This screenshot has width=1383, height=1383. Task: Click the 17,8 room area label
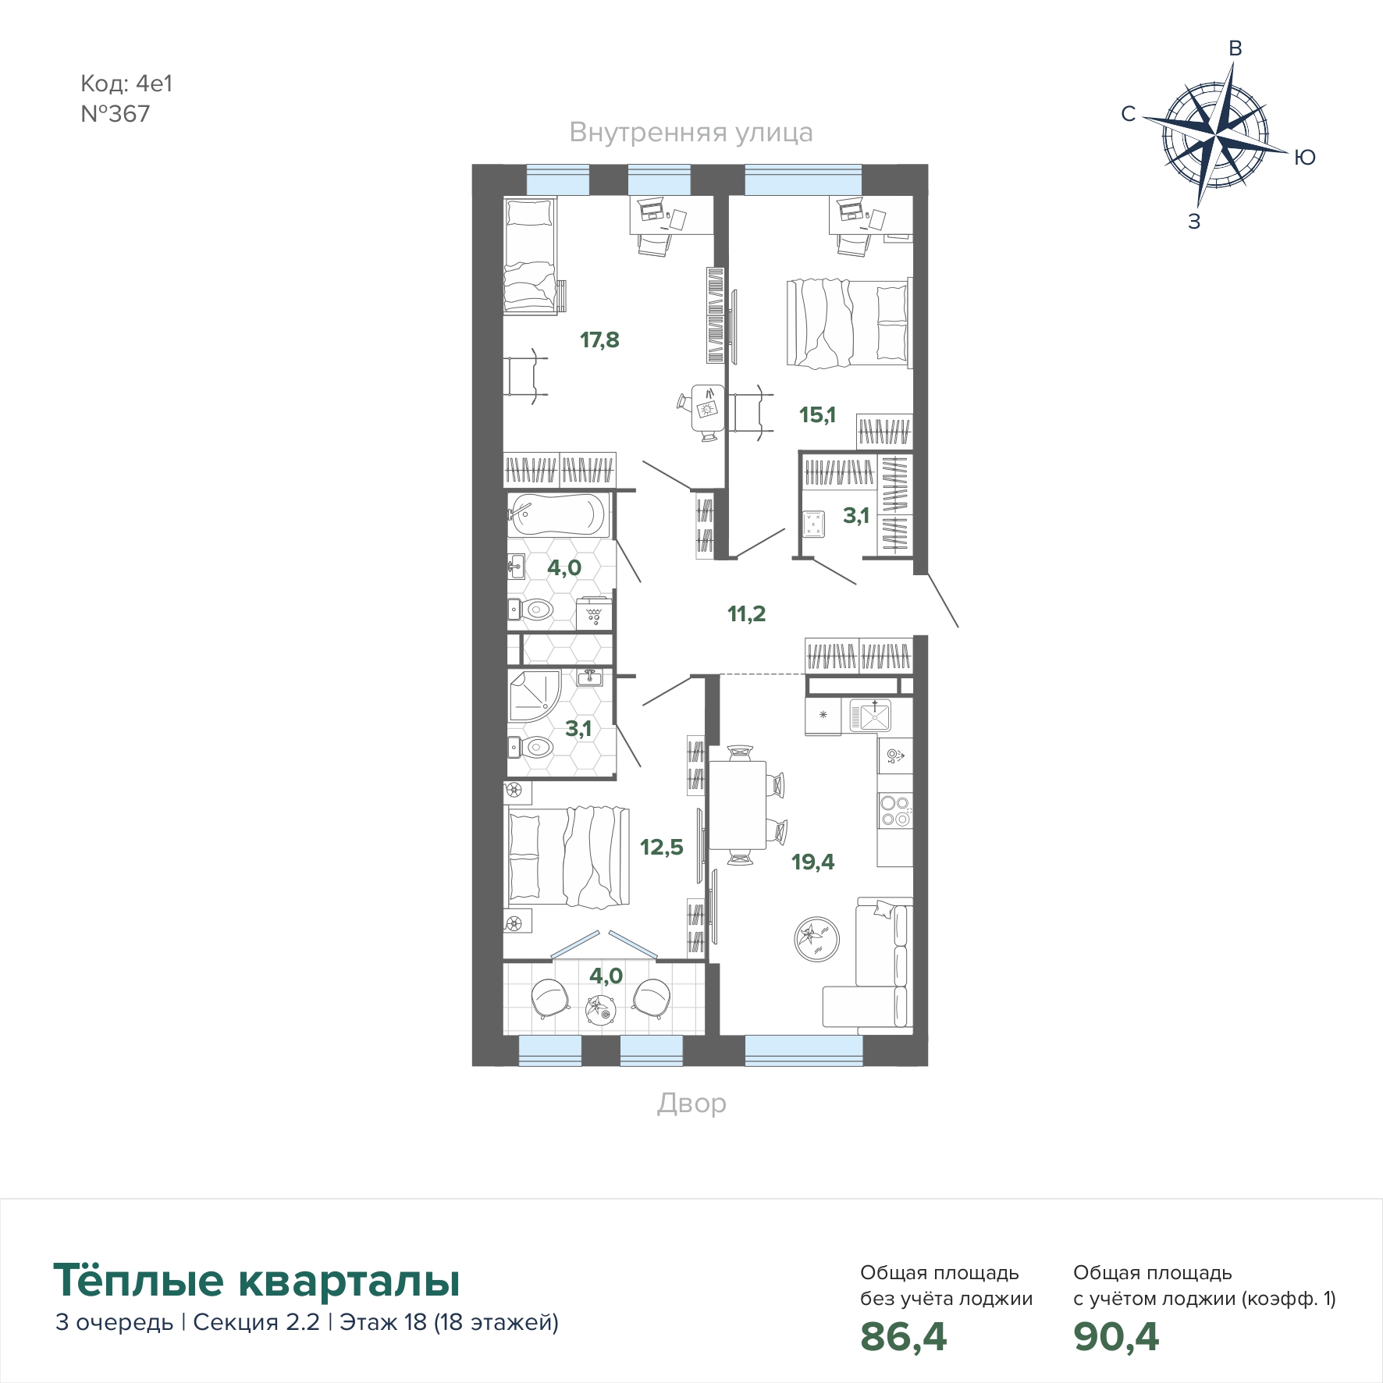point(599,340)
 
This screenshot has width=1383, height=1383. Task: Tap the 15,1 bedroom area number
point(817,414)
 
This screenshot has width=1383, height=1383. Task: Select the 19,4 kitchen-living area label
point(812,862)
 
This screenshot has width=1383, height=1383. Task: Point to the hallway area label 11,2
point(747,613)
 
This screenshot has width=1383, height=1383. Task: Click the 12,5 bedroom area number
point(662,847)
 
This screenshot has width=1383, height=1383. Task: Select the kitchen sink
point(870,716)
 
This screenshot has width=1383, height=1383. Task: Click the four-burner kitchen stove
point(895,810)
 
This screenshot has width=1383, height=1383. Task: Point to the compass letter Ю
point(1304,158)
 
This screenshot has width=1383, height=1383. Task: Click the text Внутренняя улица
point(691,133)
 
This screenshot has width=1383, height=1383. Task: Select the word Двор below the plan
point(691,1103)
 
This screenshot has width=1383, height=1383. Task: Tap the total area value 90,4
point(1116,1336)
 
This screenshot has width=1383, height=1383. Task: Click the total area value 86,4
point(904,1336)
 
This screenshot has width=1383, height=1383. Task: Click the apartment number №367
point(116,114)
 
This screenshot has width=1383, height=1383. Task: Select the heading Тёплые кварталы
point(257,1280)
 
